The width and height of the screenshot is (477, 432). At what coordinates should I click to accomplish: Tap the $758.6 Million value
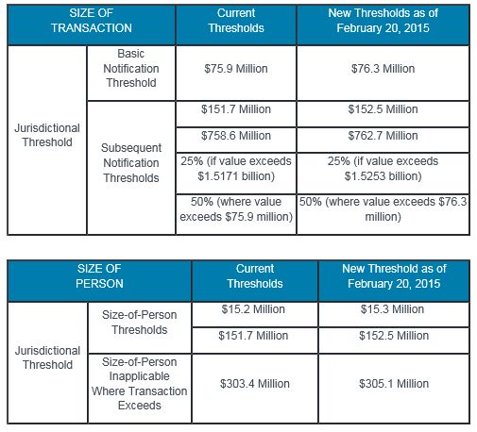[x=236, y=136]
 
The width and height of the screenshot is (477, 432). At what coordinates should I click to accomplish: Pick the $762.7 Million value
[x=383, y=136]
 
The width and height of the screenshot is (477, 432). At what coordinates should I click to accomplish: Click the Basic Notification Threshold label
[x=131, y=68]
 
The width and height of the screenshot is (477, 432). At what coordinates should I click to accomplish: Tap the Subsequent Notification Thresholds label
[x=131, y=163]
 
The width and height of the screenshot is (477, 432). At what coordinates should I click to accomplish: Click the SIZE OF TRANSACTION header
[x=92, y=21]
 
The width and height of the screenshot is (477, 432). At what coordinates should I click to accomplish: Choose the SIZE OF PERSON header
[x=99, y=276]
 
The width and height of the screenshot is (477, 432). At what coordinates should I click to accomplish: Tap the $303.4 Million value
[x=255, y=384]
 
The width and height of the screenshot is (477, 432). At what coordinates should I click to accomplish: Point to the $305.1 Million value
[x=394, y=384]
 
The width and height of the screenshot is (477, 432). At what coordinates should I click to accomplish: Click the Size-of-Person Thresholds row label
[x=139, y=323]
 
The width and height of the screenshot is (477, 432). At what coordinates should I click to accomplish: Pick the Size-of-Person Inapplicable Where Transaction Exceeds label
[x=139, y=384]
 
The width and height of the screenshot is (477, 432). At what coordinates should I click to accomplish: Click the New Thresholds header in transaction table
[x=383, y=21]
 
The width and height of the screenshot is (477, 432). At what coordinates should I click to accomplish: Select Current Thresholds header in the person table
[x=255, y=276]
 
